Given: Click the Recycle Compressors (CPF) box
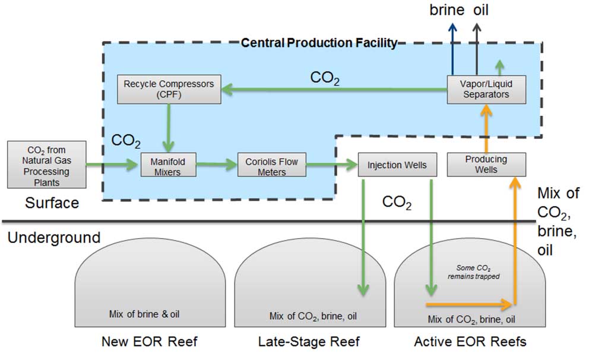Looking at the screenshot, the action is coord(169,89).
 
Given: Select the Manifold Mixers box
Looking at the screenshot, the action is coord(168,165).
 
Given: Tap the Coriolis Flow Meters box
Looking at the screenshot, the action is coord(271,165).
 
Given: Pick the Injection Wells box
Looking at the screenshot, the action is coord(397,165).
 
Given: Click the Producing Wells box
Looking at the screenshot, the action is coord(486,165).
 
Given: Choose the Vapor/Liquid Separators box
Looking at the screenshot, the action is coord(486,90).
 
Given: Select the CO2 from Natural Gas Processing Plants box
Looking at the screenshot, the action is coord(46,165).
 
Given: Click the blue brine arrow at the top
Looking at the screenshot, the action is coord(452,49).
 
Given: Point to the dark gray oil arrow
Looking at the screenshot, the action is coord(477,49).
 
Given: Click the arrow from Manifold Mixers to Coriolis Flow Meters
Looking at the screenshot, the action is coord(217,164).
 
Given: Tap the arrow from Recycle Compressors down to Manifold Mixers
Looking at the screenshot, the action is coord(169,128).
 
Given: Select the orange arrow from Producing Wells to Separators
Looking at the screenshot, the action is coord(486,128).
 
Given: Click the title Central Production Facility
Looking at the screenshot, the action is coord(319,43).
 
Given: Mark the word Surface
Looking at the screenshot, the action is coord(52,203).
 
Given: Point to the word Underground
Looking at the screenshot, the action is coord(54,238).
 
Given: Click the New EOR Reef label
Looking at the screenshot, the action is coord(150,342).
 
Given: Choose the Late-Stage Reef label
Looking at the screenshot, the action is coord(309,342).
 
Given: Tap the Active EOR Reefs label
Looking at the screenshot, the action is coord(470,342).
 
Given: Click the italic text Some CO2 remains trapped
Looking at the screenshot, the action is coord(474,272).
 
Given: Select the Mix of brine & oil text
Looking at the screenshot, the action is coord(144,314).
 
